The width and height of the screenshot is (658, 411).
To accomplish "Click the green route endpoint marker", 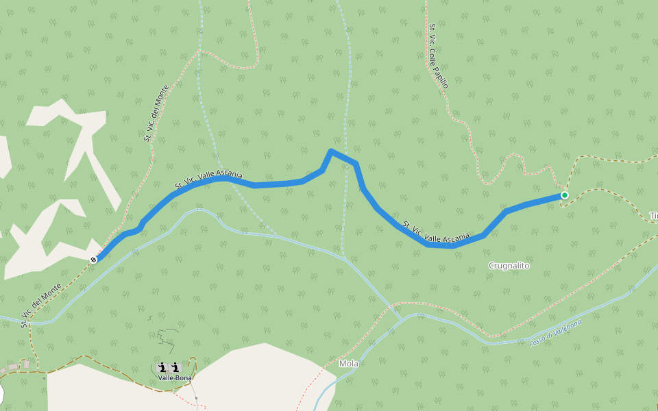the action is pyautogui.click(x=564, y=195).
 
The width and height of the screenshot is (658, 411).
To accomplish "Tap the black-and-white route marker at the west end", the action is pyautogui.click(x=93, y=260).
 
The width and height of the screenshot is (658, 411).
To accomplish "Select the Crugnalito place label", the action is pyautogui.click(x=509, y=265).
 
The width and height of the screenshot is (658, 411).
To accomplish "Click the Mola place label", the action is pyautogui.click(x=348, y=364).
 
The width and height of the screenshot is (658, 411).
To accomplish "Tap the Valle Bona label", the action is pyautogui.click(x=175, y=377).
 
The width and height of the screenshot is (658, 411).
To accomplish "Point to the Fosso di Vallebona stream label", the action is pyautogui.click(x=555, y=332).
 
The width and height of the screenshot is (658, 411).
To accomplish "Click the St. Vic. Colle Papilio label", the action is pyautogui.click(x=439, y=57).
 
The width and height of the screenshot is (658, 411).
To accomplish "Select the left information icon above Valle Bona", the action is pyautogui.click(x=162, y=368).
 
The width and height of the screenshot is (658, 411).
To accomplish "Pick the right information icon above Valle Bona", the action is pyautogui.click(x=175, y=368).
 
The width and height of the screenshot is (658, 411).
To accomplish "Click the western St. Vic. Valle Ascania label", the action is pyautogui.click(x=208, y=179).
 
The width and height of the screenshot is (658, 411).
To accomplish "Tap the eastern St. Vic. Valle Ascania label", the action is pyautogui.click(x=436, y=231).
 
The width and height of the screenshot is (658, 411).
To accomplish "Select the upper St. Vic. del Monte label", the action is pyautogui.click(x=156, y=114).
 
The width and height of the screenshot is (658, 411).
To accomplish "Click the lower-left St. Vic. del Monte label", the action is pyautogui.click(x=42, y=305).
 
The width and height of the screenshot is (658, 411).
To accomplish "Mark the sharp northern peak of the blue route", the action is pyautogui.click(x=331, y=151).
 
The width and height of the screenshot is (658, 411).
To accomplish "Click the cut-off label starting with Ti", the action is pyautogui.click(x=653, y=216).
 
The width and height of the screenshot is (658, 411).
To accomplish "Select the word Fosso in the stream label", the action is pyautogui.click(x=538, y=340).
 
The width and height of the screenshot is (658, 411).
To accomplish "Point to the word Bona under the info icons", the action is pyautogui.click(x=184, y=377).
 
